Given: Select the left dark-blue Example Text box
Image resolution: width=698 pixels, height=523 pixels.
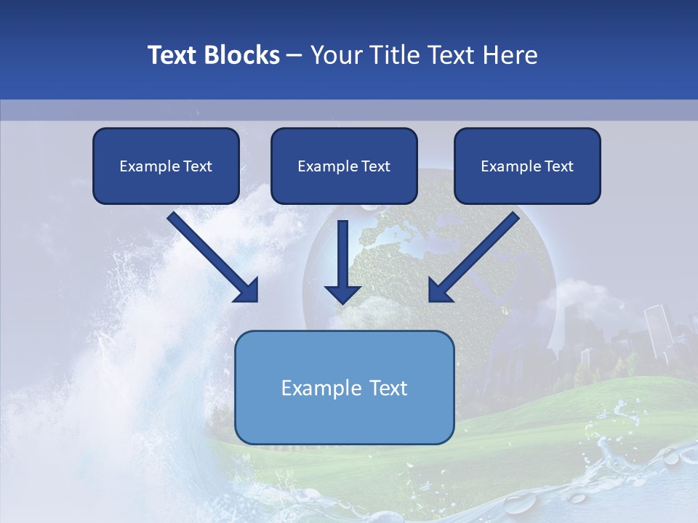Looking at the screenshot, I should click(166, 166).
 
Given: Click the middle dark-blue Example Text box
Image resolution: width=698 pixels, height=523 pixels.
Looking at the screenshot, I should click(344, 166).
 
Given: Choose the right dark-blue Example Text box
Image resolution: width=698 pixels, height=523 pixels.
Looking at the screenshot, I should click(527, 166).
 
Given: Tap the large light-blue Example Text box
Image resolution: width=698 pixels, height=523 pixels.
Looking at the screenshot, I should click(345, 421).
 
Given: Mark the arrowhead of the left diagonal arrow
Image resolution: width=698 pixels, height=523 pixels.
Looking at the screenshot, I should click(247, 291).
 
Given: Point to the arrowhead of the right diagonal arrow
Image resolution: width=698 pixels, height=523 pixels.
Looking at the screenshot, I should click(440, 291).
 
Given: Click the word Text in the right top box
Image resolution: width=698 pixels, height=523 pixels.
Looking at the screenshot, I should click(559, 166).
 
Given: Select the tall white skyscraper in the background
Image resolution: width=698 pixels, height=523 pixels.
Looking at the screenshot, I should click(658, 331).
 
